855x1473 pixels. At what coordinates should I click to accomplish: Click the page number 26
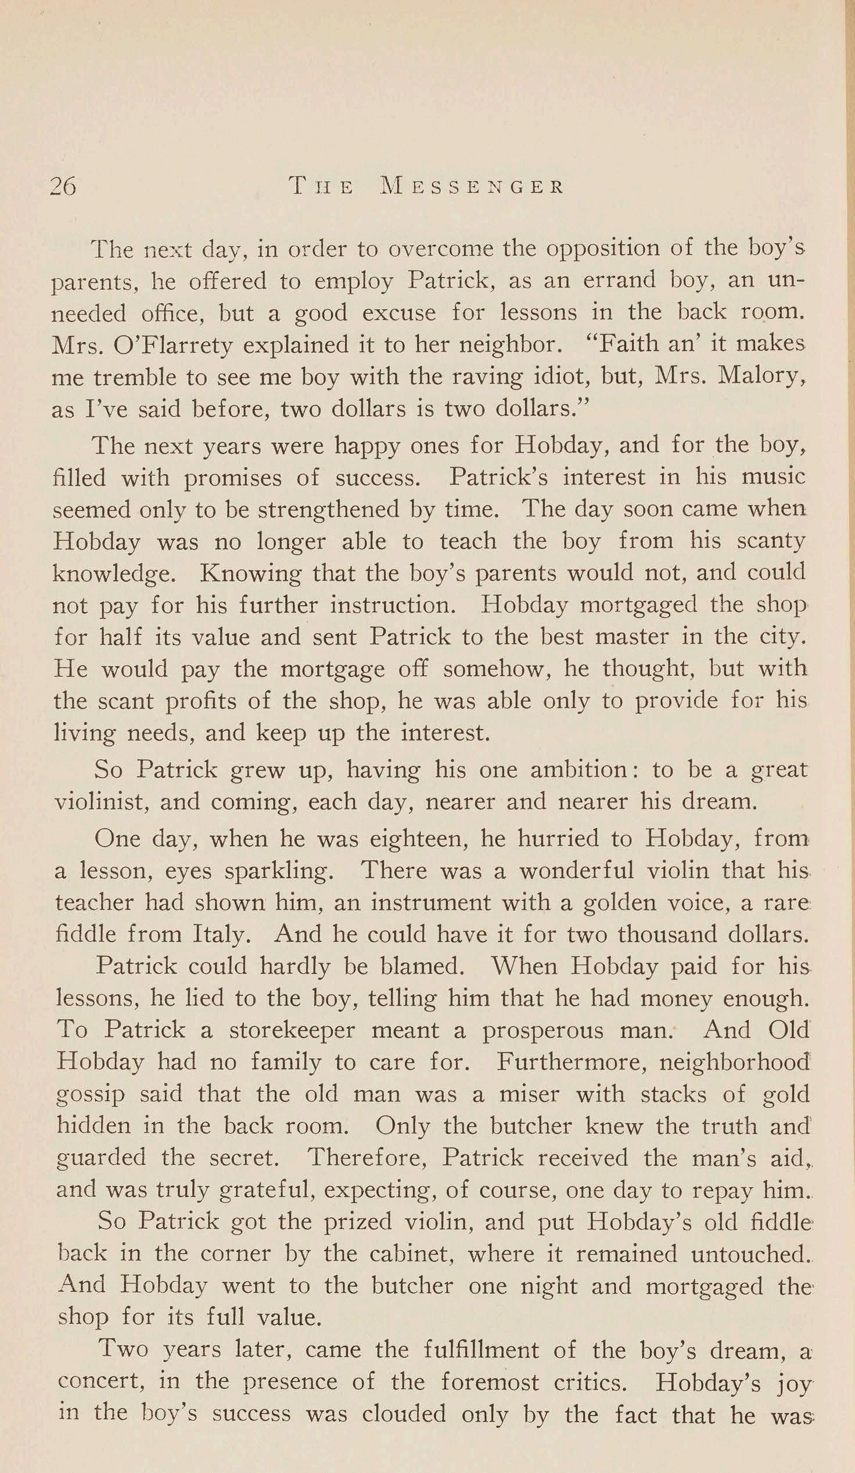pyautogui.click(x=63, y=186)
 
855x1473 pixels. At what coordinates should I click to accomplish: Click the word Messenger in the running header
pyautogui.click(x=472, y=186)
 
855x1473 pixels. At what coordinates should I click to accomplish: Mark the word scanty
pyautogui.click(x=771, y=541)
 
